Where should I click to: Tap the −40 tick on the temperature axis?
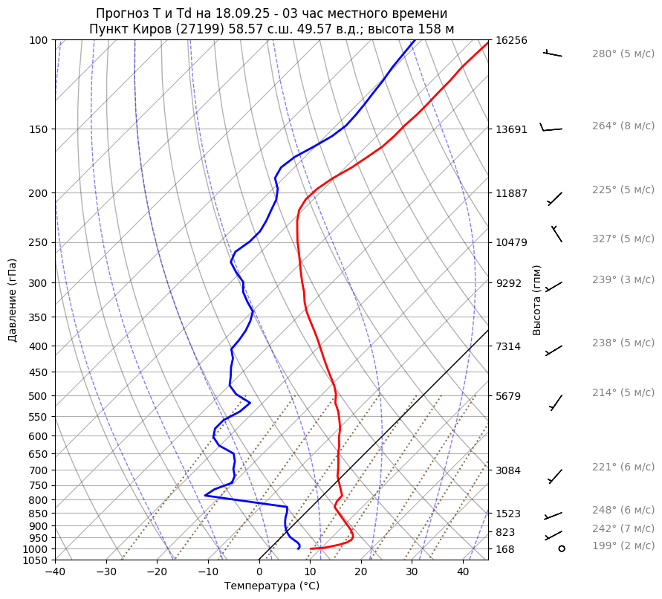pyautogui.click(x=55, y=572)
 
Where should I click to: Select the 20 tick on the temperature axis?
pyautogui.click(x=361, y=572)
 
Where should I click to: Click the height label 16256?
pyautogui.click(x=511, y=40)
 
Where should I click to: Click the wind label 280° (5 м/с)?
pyautogui.click(x=623, y=54)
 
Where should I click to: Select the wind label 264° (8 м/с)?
pyautogui.click(x=623, y=126)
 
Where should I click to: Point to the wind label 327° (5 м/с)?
pyautogui.click(x=623, y=239)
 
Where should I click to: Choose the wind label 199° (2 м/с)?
pyautogui.click(x=623, y=546)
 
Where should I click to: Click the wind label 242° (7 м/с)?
pyautogui.click(x=623, y=529)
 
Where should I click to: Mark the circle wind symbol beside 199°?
pyautogui.click(x=561, y=548)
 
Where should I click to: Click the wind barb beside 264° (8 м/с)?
pyautogui.click(x=551, y=129)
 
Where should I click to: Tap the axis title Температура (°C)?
pyautogui.click(x=271, y=586)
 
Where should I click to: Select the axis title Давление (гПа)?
pyautogui.click(x=13, y=300)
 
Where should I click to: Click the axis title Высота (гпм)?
pyautogui.click(x=537, y=300)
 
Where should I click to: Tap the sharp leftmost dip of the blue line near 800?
pyautogui.click(x=205, y=495)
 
